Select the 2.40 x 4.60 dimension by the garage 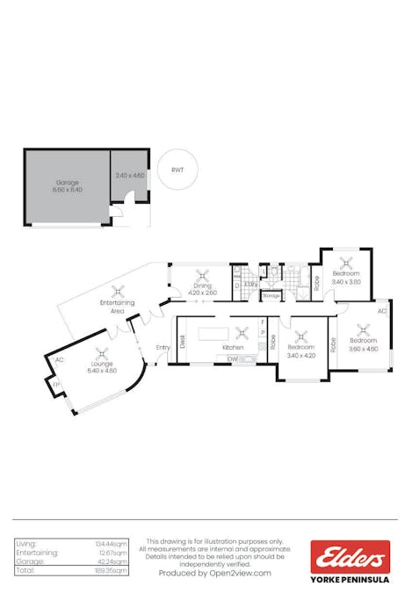tap(129, 176)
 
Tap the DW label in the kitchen tap(233, 358)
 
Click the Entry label tap(163, 348)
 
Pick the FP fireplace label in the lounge tap(56, 384)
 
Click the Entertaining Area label tap(117, 307)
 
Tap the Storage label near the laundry tap(271, 296)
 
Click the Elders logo tap(350, 558)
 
